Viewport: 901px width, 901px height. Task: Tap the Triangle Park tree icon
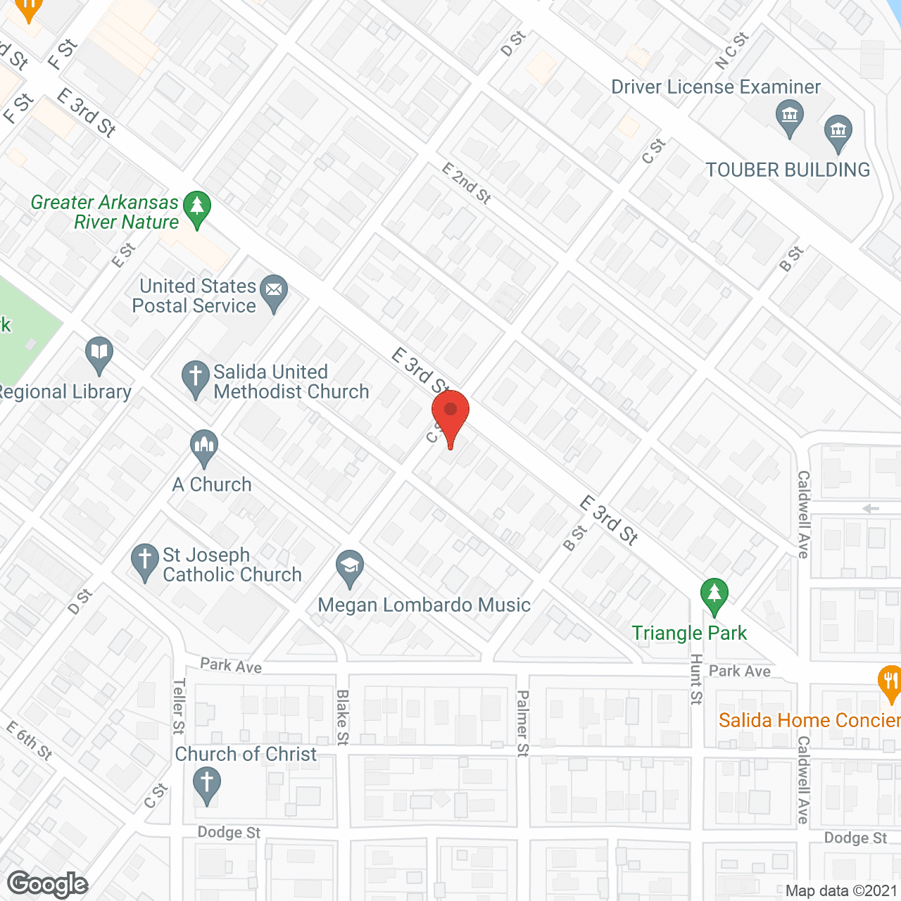(x=714, y=596)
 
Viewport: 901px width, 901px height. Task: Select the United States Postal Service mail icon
(x=274, y=292)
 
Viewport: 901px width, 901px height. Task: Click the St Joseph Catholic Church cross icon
(x=145, y=562)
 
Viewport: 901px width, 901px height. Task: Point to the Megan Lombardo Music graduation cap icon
(x=349, y=567)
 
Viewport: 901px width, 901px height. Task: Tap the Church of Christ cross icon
(x=206, y=784)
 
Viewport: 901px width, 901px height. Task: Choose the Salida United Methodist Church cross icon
(x=195, y=378)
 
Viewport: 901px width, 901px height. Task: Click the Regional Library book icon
(x=99, y=354)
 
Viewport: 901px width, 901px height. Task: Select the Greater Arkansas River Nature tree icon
(x=197, y=208)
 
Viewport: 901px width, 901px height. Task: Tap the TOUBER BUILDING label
(x=788, y=170)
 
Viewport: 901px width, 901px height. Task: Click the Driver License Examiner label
(x=715, y=87)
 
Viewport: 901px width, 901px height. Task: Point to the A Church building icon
(x=204, y=447)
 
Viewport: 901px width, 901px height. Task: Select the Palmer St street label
(x=522, y=723)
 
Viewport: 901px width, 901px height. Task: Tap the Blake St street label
(x=343, y=717)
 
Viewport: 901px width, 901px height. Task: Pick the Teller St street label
(x=179, y=706)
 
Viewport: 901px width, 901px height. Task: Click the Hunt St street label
(x=696, y=679)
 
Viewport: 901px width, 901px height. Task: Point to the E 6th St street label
(x=30, y=741)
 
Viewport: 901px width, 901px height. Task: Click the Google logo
(x=48, y=884)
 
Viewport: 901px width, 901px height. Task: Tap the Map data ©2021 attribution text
(x=841, y=891)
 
